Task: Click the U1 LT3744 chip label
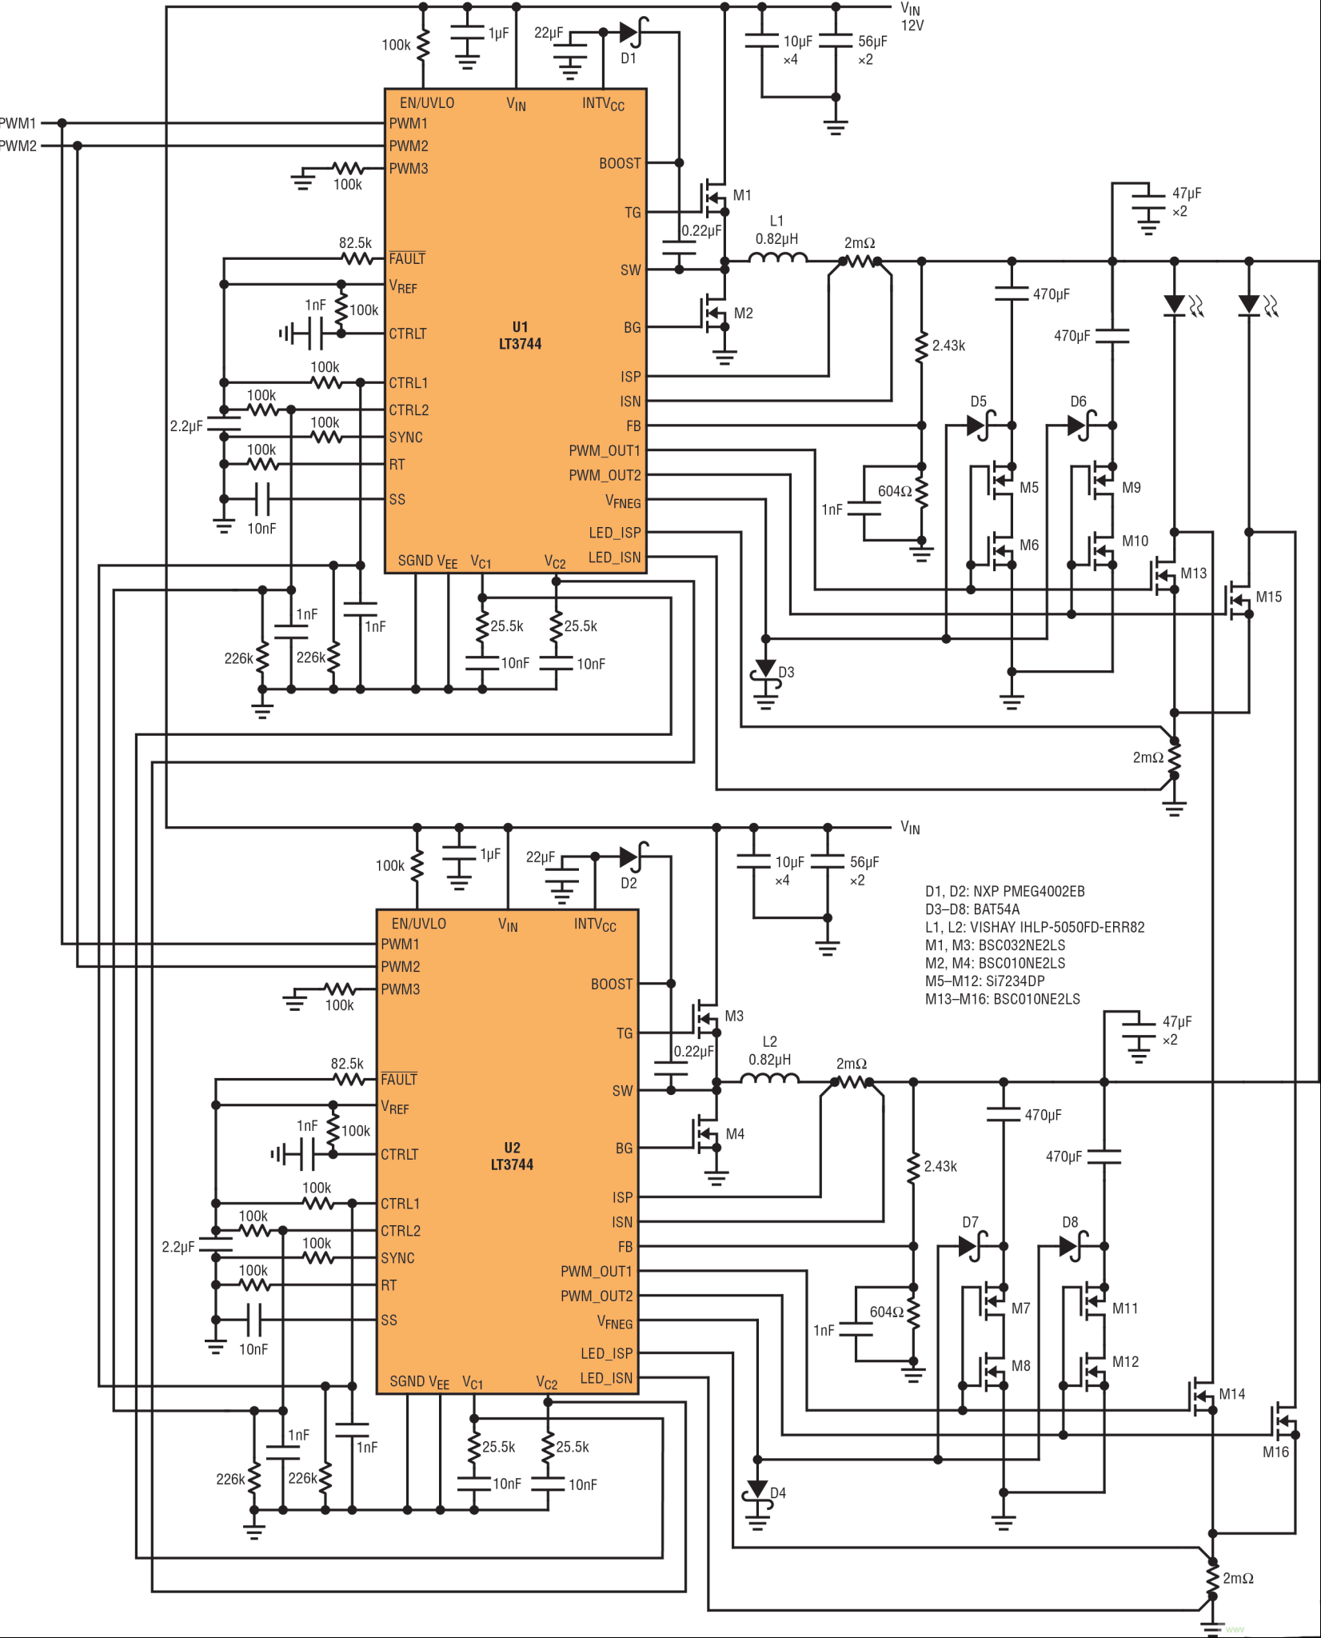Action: click(x=520, y=336)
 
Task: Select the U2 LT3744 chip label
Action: click(x=512, y=1157)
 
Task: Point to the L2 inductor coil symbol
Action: click(x=769, y=1077)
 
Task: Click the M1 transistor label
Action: click(x=742, y=195)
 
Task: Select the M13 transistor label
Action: click(x=1193, y=573)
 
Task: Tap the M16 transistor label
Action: click(x=1275, y=1452)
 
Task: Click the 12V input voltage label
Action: click(x=912, y=26)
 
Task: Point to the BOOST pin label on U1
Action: click(x=620, y=163)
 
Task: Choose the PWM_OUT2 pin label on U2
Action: click(x=596, y=1296)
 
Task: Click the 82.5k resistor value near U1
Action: click(x=355, y=243)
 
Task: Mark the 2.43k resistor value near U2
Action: click(x=940, y=1166)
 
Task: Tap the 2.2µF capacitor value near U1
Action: click(x=186, y=426)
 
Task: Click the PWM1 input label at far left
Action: click(x=18, y=123)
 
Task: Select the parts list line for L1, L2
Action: click(x=1035, y=927)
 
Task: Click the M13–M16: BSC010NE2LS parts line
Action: click(x=1002, y=999)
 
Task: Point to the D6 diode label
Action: click(x=1078, y=402)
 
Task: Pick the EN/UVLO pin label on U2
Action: click(x=418, y=924)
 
